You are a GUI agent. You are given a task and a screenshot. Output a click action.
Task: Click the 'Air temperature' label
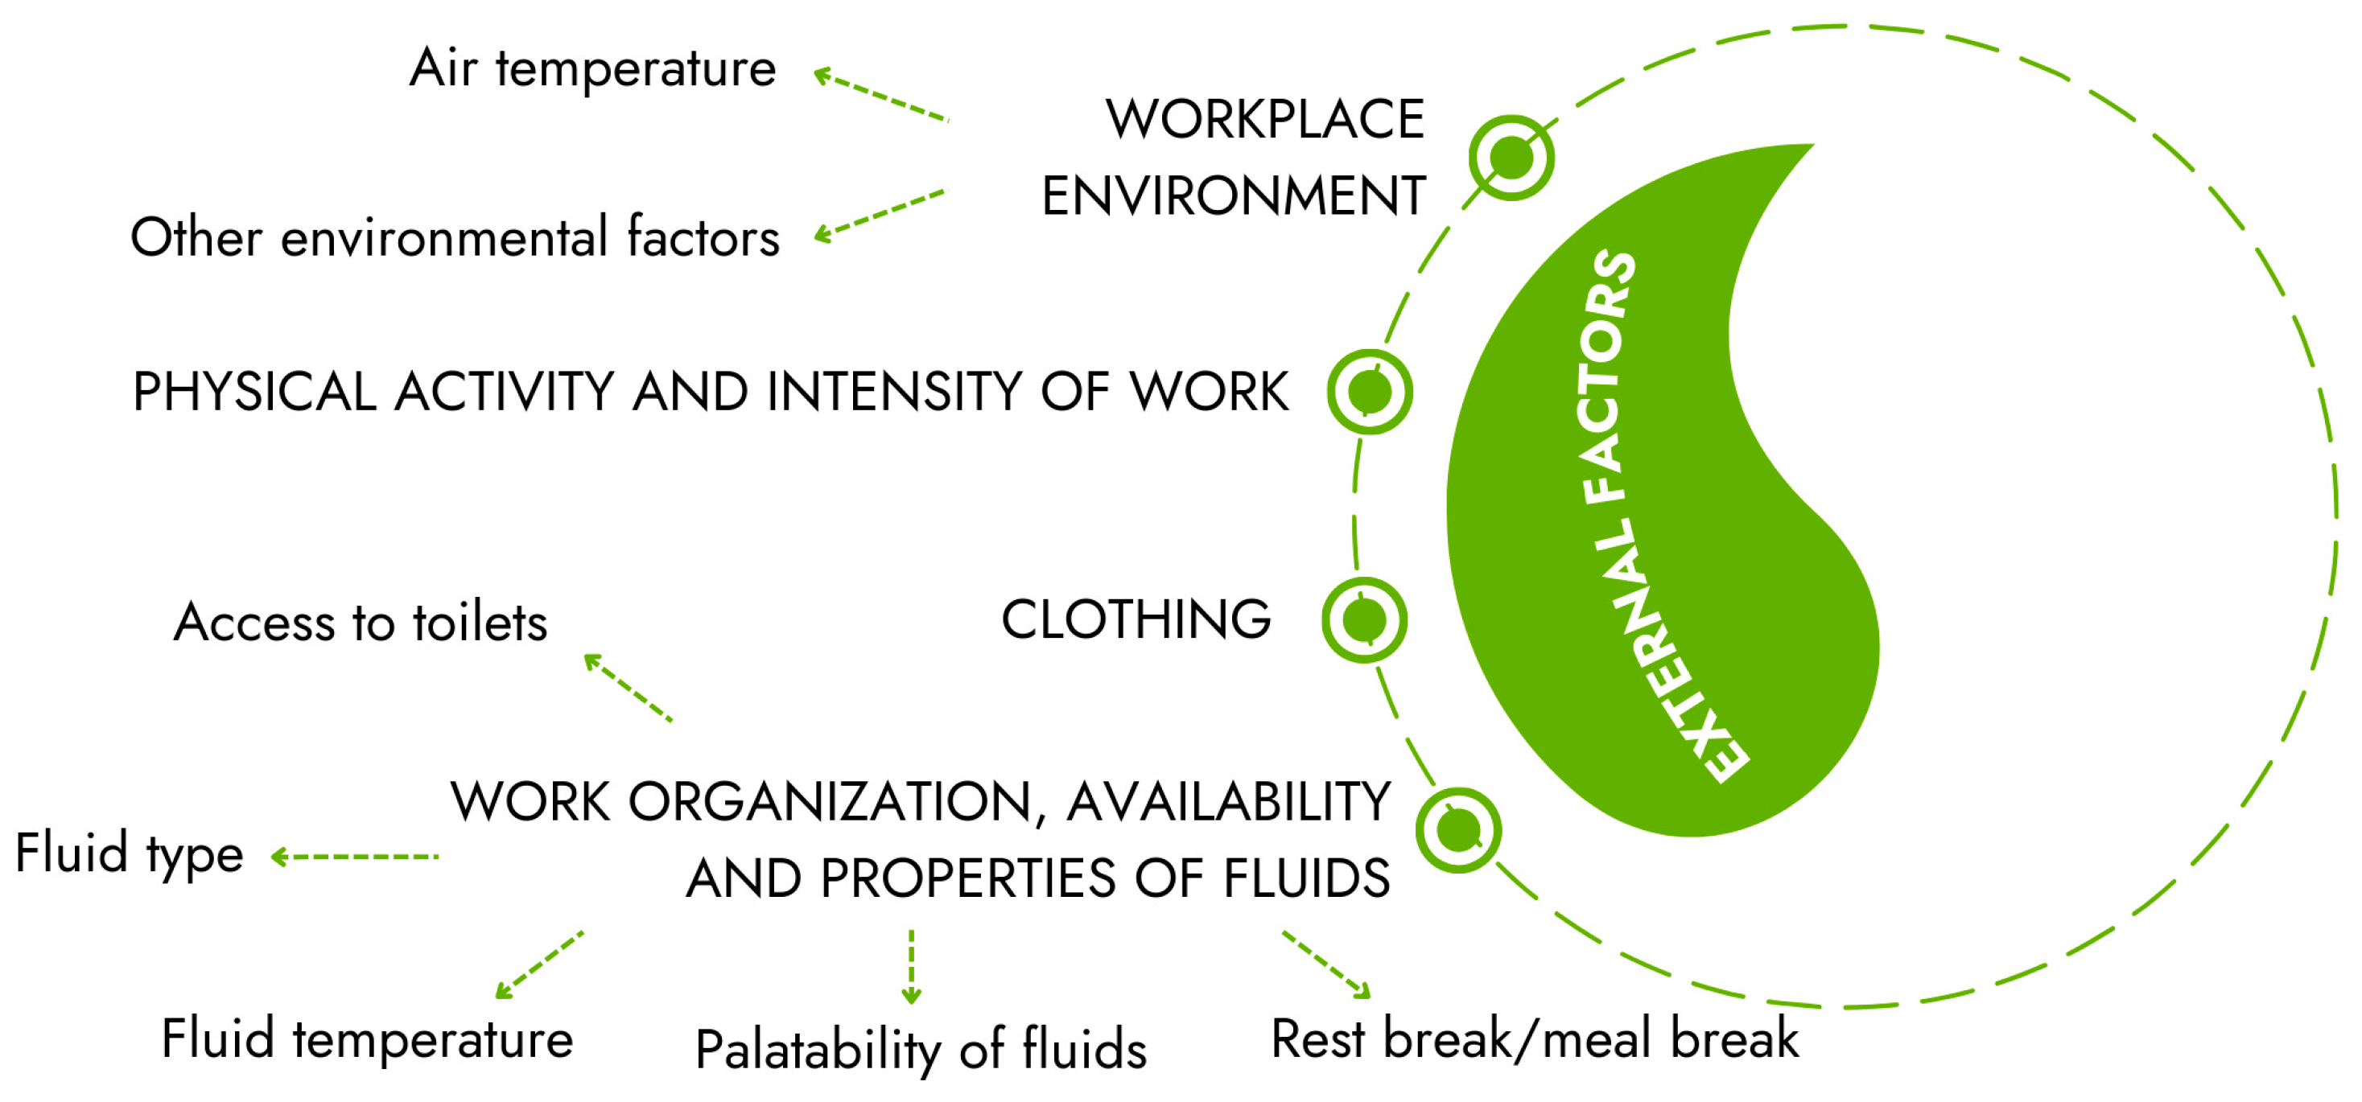coord(592,68)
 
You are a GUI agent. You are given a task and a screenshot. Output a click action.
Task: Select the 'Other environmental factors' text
coord(455,237)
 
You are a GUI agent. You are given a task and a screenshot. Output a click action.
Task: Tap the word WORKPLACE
coord(1264,119)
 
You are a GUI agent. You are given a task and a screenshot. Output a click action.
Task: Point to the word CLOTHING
coord(1136,619)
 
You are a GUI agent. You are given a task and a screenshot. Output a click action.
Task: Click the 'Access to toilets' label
coord(361,623)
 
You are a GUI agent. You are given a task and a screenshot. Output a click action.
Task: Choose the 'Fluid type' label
coord(130,853)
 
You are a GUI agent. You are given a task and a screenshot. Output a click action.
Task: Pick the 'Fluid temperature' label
coord(367,1039)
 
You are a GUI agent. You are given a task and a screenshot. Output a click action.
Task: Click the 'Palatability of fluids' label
coord(921,1050)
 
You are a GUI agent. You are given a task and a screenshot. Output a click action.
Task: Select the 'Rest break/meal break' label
coord(1534,1039)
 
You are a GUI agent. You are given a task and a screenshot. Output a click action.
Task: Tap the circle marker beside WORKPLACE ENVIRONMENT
coord(1511,158)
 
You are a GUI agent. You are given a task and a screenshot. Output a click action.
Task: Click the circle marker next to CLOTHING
coord(1364,621)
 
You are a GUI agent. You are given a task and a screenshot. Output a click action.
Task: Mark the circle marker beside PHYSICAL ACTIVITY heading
coord(1370,393)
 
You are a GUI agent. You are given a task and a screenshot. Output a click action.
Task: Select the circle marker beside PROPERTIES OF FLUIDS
coord(1458,832)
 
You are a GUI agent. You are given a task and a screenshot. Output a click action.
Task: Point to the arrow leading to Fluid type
coord(355,857)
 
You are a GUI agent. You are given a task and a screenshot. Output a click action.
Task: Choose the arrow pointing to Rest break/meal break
coord(1326,964)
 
